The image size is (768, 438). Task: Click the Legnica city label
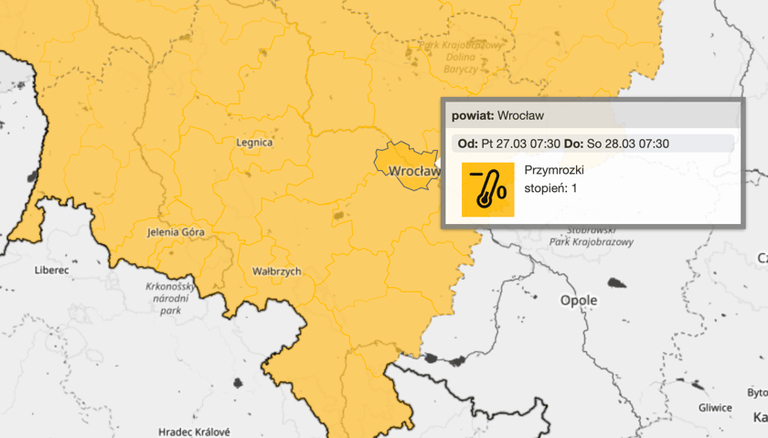tap(254, 143)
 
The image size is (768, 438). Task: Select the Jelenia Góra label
tap(176, 232)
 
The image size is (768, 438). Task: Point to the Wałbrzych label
tap(276, 272)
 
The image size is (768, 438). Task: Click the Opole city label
tap(579, 300)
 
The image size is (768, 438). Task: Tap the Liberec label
tap(51, 271)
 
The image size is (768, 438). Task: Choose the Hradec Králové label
tap(194, 432)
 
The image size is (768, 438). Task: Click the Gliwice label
tap(714, 408)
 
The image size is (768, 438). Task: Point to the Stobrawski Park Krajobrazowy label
tap(592, 236)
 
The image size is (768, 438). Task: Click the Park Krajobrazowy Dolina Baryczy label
tap(460, 57)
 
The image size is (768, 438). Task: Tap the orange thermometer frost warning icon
tap(487, 189)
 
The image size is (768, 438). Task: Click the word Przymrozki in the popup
tap(554, 170)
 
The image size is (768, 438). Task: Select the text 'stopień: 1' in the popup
tap(551, 188)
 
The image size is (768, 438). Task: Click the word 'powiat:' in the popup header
tap(473, 116)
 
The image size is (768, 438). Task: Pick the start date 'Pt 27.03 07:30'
tap(521, 144)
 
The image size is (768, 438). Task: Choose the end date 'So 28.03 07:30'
tap(628, 144)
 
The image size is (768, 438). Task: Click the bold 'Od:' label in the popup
tap(467, 144)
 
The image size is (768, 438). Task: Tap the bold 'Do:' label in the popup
tap(573, 144)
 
